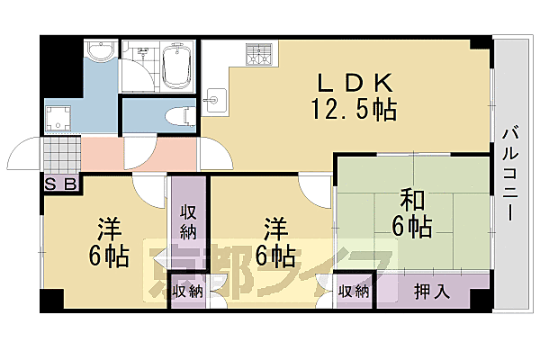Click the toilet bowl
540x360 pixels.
pyautogui.click(x=181, y=114)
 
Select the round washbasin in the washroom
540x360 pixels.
pyautogui.click(x=101, y=50)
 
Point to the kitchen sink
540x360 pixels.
pyautogui.click(x=217, y=94)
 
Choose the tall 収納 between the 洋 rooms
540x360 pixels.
pyautogui.click(x=188, y=220)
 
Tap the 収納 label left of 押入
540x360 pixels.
pyautogui.click(x=354, y=291)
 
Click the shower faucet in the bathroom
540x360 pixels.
pyautogui.click(x=139, y=55)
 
